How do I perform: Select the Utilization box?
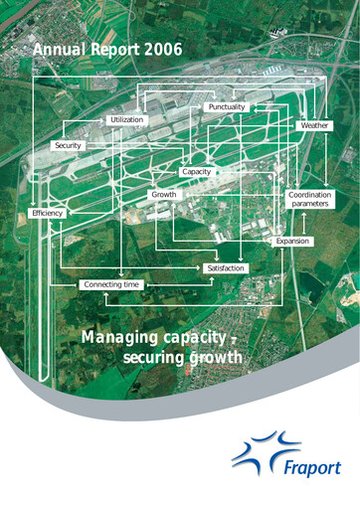(126, 119)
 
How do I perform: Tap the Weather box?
(313, 127)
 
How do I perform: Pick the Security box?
(67, 146)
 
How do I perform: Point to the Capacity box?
(196, 172)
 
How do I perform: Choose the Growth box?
(163, 195)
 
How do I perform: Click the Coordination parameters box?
(309, 199)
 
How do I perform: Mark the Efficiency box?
(48, 214)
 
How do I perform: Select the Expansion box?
(292, 242)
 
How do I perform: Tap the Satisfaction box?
(225, 268)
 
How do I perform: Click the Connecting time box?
(111, 285)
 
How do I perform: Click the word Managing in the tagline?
(113, 338)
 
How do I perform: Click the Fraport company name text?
(304, 465)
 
